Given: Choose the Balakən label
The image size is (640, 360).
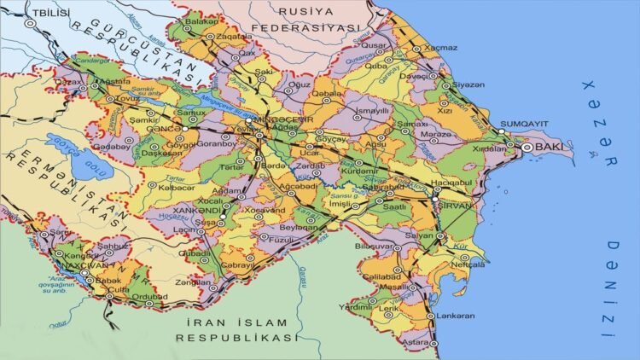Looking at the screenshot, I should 202,20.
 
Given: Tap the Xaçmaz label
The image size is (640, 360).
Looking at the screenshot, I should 440,48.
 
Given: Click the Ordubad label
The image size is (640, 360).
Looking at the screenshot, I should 150,297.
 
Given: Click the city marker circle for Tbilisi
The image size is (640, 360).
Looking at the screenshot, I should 32,25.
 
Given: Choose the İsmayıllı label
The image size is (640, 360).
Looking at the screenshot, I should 372,111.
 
